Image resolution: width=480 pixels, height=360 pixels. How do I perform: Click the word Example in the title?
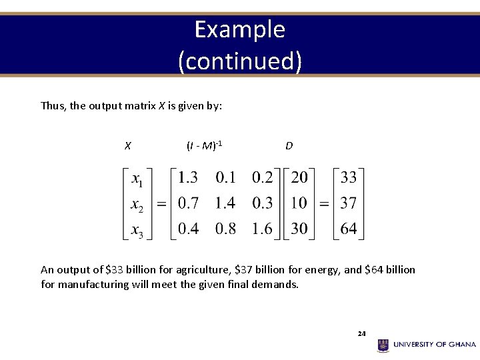tap(240, 29)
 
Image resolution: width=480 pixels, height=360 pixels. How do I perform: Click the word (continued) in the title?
tap(240, 61)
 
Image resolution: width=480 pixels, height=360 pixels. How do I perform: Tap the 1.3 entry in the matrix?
tap(187, 177)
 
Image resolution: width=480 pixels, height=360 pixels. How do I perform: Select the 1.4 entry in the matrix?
tap(225, 203)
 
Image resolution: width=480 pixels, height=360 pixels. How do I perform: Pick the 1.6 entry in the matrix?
tap(262, 229)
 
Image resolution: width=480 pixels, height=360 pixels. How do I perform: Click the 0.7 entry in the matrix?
tap(187, 203)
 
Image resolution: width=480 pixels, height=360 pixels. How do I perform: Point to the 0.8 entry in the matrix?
tap(225, 229)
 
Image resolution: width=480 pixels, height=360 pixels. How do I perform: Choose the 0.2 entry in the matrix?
tap(262, 177)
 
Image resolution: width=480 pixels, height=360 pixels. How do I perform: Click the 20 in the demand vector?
tap(299, 177)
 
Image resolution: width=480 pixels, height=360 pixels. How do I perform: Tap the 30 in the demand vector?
tap(299, 229)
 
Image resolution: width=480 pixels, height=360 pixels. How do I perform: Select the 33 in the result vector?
tap(348, 177)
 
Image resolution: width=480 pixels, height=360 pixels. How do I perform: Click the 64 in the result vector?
tap(348, 229)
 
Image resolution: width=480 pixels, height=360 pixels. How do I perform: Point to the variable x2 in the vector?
tap(137, 204)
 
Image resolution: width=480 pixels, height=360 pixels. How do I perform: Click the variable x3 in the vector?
tap(137, 230)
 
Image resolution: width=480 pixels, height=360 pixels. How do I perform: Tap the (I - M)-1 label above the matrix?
tap(204, 145)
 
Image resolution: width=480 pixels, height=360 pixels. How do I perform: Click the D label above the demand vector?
tap(289, 145)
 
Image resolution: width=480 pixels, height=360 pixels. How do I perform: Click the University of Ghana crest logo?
tap(383, 345)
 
